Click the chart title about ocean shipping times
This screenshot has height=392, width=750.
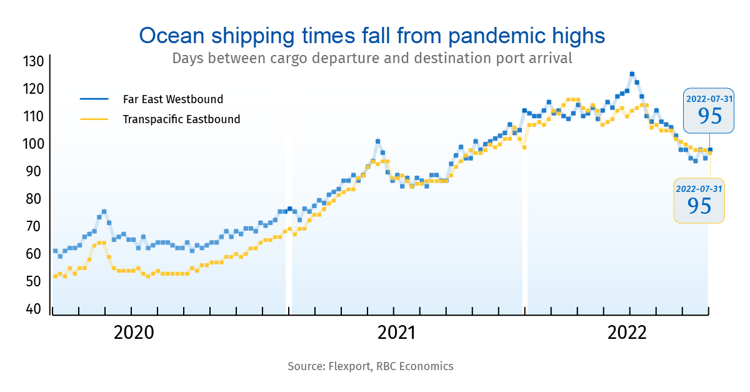(372, 35)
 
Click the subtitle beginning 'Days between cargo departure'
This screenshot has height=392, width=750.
(372, 59)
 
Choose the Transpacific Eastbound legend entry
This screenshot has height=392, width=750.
(181, 119)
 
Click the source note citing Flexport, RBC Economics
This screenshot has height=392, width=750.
(371, 366)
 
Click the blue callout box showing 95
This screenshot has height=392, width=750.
(709, 110)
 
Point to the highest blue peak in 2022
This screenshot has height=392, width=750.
(632, 74)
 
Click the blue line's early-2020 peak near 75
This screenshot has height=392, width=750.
(104, 211)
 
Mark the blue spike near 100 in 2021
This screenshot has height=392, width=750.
(377, 141)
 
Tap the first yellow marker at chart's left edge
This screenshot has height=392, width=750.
(55, 276)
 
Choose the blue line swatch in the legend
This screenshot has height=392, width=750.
(94, 99)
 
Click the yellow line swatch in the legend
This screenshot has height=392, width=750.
(94, 119)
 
